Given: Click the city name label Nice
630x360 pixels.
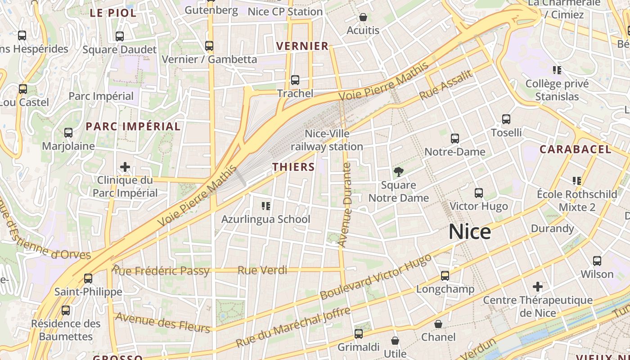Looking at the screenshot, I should [x=470, y=232].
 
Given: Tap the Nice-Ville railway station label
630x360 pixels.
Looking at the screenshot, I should [x=327, y=140].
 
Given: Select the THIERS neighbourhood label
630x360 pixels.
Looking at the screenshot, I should [x=293, y=167].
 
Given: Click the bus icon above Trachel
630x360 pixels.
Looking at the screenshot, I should [x=295, y=80].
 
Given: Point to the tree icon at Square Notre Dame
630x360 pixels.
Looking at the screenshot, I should [x=398, y=171].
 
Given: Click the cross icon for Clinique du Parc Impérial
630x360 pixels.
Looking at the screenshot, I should [x=125, y=167].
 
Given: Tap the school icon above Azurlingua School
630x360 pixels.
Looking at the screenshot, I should [x=266, y=206].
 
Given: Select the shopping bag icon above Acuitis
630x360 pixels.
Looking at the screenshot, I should [x=363, y=18].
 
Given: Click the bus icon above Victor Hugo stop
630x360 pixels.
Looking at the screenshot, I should [x=479, y=193].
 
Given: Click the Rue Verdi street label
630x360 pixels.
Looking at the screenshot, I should [x=262, y=270].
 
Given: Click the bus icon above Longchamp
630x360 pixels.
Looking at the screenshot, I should [x=445, y=276].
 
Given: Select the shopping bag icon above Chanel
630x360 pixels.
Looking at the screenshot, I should [x=438, y=324].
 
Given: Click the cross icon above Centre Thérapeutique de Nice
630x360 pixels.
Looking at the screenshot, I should [x=538, y=287].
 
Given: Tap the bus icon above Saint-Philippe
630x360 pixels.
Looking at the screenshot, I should [x=88, y=279].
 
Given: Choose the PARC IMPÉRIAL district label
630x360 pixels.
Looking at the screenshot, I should [x=133, y=126].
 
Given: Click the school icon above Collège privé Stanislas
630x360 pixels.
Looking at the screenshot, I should [x=557, y=70].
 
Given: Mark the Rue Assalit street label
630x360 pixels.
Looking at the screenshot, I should [x=446, y=85].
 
